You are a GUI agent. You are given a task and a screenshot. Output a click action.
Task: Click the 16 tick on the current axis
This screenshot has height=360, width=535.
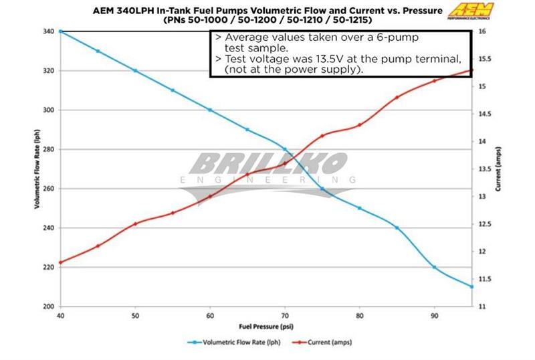(482, 31)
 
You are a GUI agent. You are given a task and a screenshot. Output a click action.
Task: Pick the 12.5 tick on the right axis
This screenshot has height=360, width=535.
(486, 223)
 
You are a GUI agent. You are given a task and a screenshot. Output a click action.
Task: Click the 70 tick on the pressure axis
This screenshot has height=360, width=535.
(285, 315)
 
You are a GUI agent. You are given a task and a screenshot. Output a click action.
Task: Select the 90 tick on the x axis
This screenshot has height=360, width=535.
(434, 315)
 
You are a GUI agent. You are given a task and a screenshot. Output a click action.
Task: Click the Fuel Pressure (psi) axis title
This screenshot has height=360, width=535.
(265, 326)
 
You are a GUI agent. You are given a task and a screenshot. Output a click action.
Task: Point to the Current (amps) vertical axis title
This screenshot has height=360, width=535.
(499, 169)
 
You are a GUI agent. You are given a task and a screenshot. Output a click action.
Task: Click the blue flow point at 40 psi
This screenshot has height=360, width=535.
(61, 31)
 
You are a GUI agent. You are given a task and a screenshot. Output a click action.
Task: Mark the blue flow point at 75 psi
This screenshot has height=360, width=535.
(322, 189)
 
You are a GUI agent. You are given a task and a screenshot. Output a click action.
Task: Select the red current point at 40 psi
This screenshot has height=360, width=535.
(61, 262)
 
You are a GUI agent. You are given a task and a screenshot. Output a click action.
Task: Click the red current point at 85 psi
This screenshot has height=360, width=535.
(397, 97)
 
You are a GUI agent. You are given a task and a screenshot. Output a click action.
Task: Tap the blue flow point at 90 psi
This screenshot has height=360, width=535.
(435, 267)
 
